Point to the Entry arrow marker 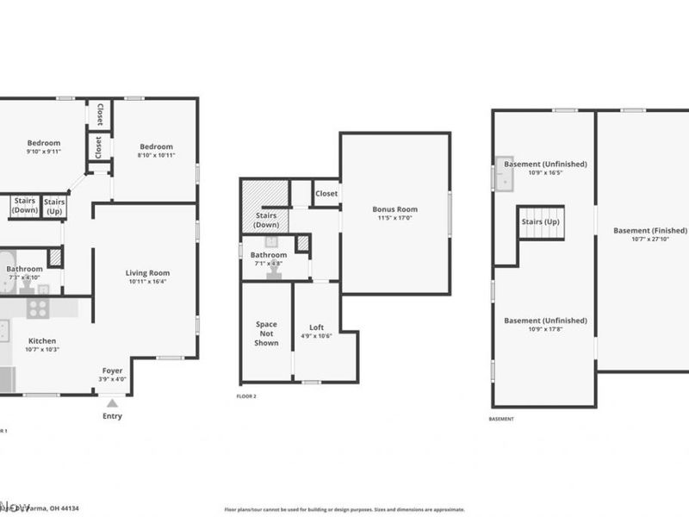click(112, 402)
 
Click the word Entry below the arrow click(112, 416)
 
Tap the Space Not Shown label click(266, 333)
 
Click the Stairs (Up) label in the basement click(540, 221)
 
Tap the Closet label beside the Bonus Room click(326, 194)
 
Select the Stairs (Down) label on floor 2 click(266, 221)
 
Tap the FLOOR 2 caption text click(246, 396)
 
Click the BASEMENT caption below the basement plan click(500, 419)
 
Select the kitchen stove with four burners click(38, 308)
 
